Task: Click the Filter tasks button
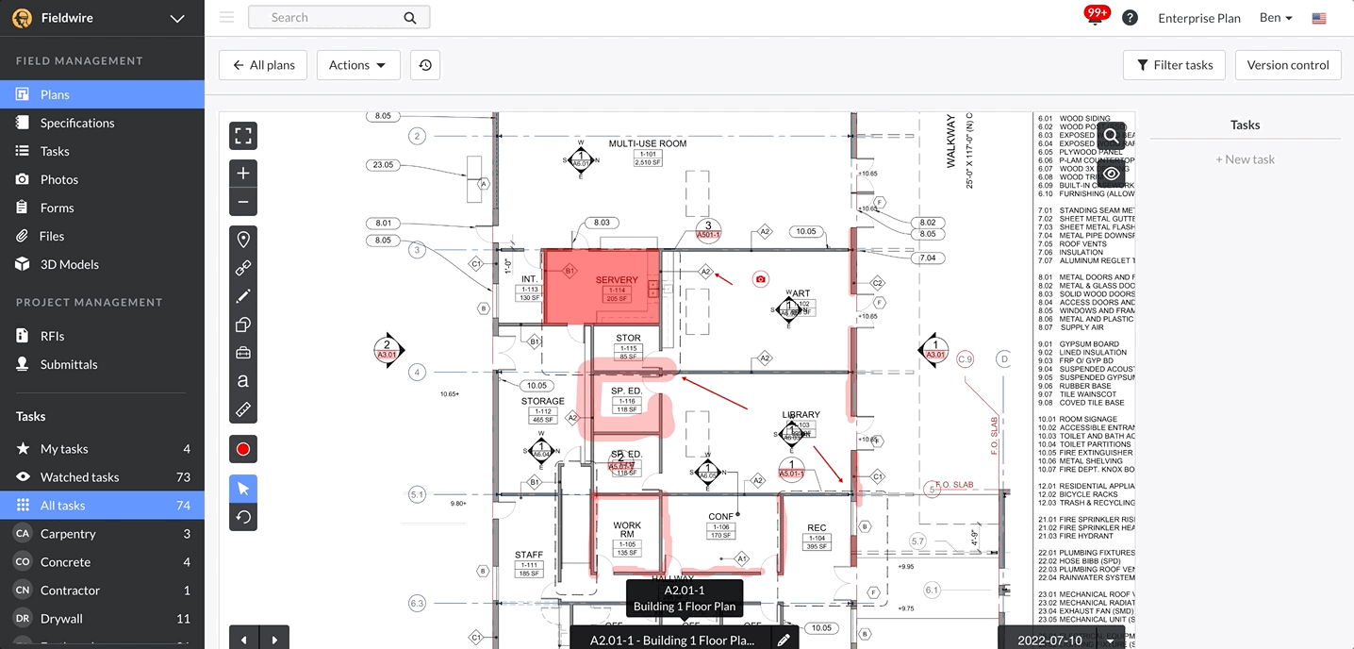point(1174,65)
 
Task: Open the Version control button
point(1287,65)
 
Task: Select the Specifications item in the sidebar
point(76,123)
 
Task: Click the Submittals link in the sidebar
point(69,364)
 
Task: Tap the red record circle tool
point(243,449)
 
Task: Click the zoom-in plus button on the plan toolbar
point(243,174)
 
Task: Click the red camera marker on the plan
point(761,279)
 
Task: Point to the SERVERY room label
point(617,280)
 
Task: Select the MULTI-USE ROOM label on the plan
point(647,143)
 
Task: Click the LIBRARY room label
point(801,414)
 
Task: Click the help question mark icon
point(1130,18)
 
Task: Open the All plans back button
point(264,65)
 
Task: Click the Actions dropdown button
point(357,65)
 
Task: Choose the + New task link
point(1245,159)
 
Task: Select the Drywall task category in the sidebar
point(61,619)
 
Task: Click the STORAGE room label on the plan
point(542,401)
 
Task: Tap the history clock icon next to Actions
point(425,65)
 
